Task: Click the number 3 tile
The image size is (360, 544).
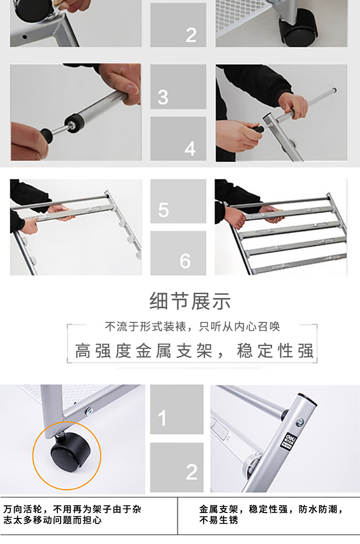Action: tap(178, 86)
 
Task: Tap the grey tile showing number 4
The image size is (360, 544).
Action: tap(178, 139)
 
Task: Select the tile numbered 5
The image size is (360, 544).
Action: tap(178, 201)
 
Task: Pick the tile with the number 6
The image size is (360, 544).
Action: tap(178, 253)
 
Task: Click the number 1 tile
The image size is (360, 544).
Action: tap(176, 409)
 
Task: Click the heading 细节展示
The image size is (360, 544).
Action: tap(190, 301)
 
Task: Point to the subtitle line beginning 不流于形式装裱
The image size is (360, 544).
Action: tap(192, 326)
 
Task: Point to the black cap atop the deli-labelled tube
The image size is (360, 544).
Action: tap(308, 398)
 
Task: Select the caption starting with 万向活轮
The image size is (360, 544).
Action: tap(72, 514)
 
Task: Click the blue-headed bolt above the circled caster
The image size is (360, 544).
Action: tap(89, 410)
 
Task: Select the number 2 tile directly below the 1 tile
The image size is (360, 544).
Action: tap(176, 467)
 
